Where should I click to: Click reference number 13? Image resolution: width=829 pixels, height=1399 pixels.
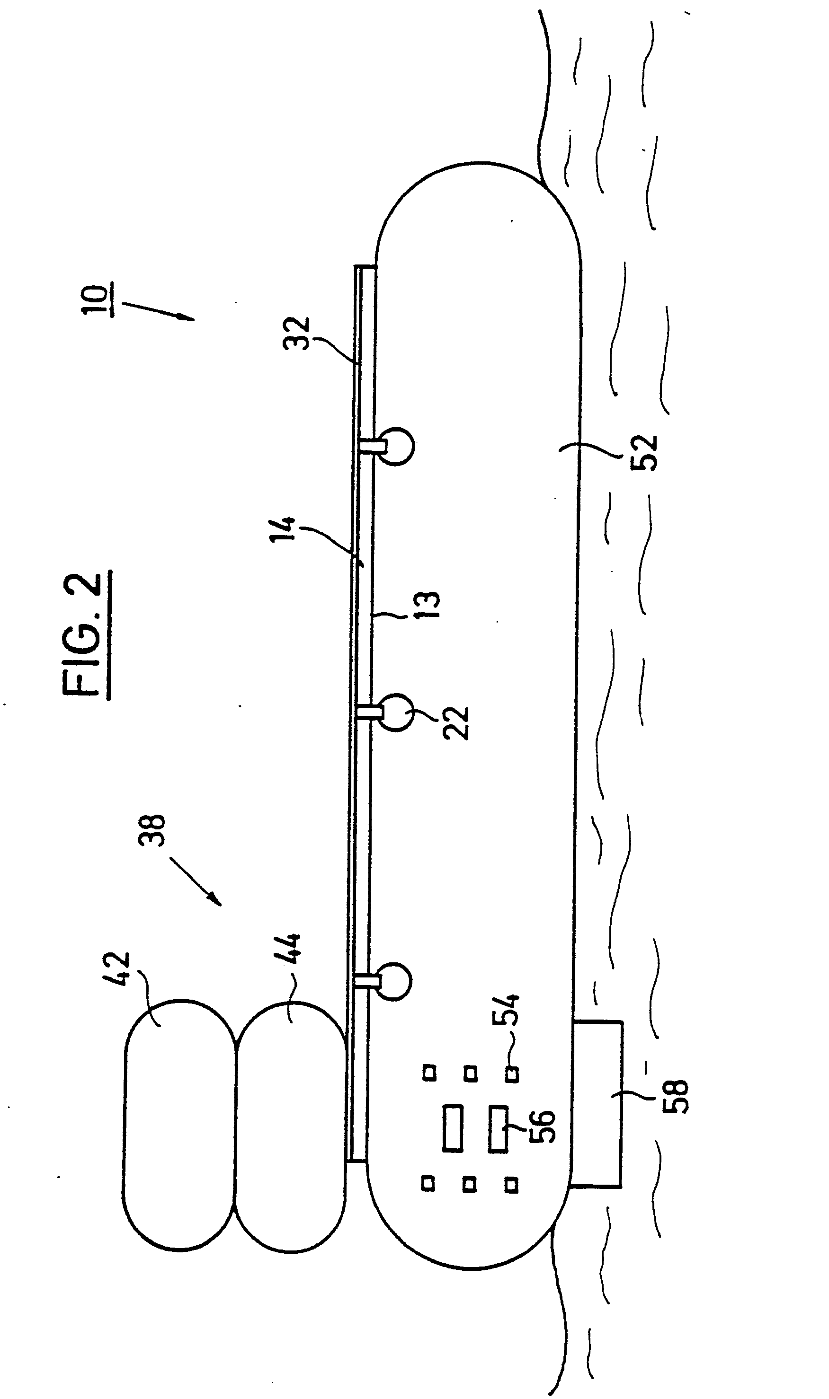pyautogui.click(x=428, y=605)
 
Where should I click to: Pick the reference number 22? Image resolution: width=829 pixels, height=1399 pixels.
pyautogui.click(x=456, y=723)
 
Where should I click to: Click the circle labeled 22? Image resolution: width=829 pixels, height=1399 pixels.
pyautogui.click(x=395, y=713)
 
